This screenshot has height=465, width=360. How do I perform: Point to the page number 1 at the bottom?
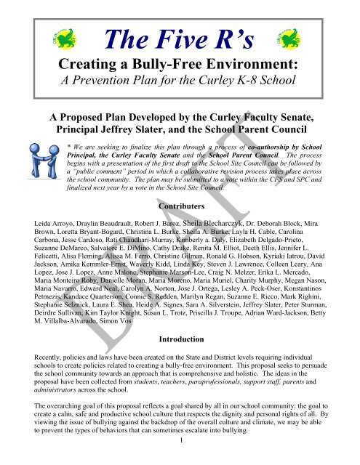tap(179, 458)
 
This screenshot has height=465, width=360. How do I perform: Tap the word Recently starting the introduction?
tap(36, 359)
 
